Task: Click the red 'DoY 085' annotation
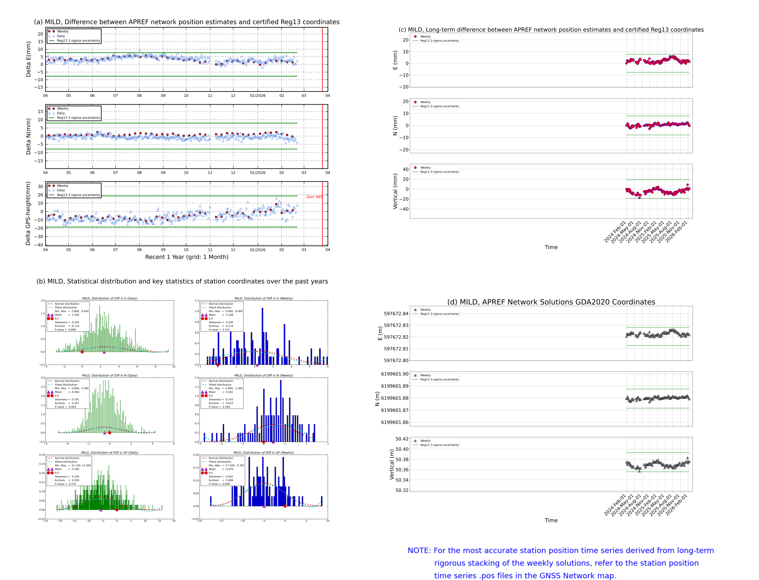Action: tap(314, 197)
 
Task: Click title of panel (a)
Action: tap(186, 22)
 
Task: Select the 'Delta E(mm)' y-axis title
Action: tap(28, 59)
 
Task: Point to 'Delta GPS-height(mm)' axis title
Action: tap(28, 213)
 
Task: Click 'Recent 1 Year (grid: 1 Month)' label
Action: tap(186, 257)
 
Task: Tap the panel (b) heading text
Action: tap(182, 281)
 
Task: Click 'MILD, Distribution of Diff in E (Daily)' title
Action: tap(110, 298)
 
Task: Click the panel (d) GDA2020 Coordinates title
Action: tap(551, 302)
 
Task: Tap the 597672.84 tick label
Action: tap(396, 313)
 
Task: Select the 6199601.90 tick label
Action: tap(394, 374)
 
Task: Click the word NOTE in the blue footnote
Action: tap(419, 550)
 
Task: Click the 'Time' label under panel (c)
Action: tap(551, 247)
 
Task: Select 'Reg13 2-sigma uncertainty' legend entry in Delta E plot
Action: tap(78, 41)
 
